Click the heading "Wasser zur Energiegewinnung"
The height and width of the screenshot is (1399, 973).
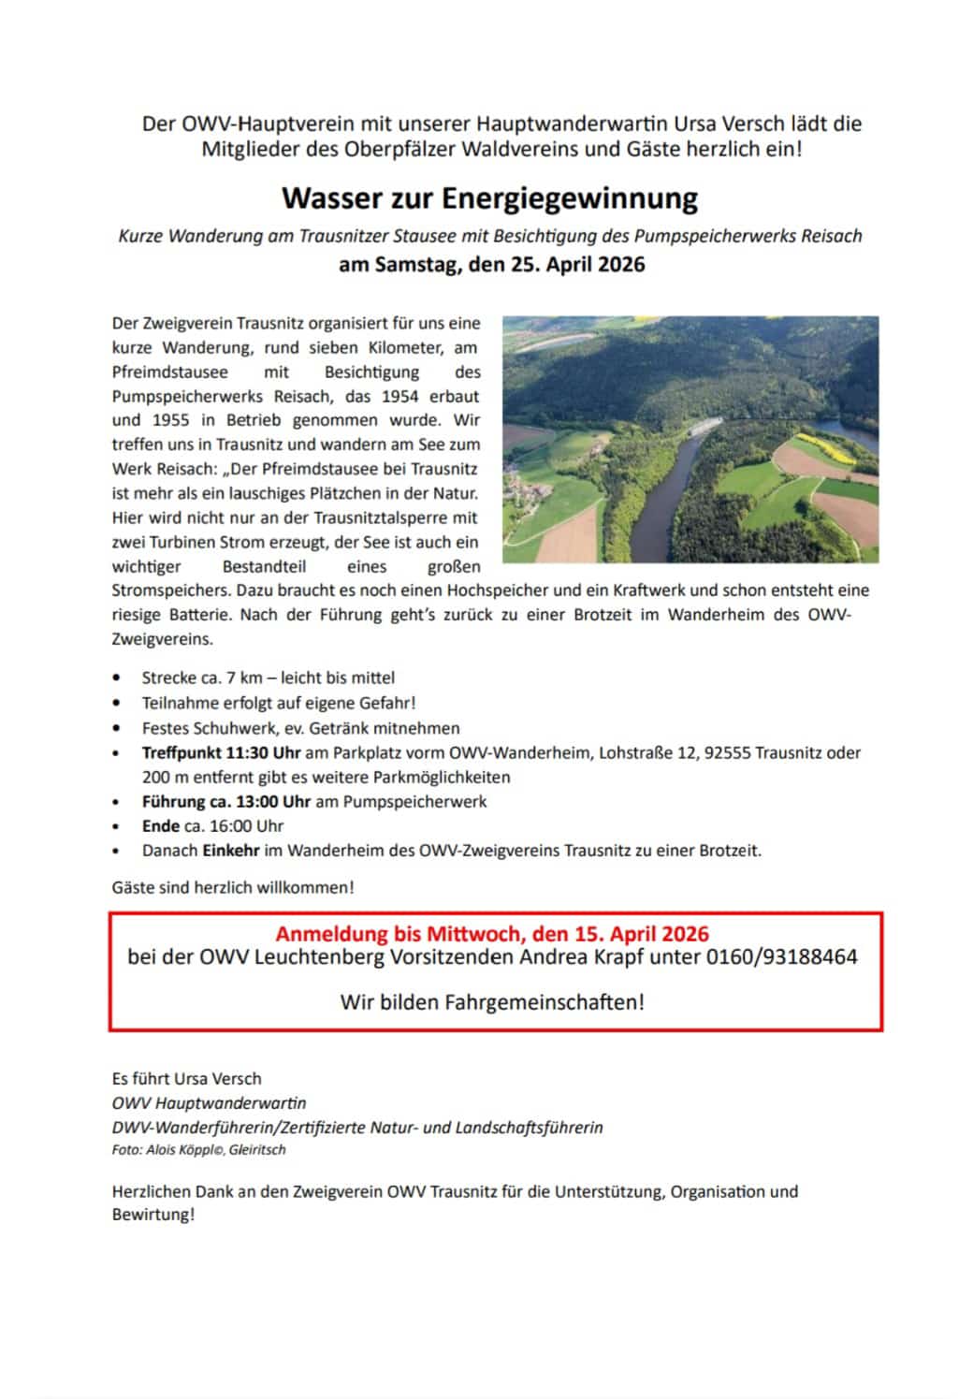489,198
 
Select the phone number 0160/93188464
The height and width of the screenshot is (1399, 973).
781,956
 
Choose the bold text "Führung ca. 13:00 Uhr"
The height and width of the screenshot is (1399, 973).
225,801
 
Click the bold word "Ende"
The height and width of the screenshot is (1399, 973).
160,825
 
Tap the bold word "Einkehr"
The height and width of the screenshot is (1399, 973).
230,851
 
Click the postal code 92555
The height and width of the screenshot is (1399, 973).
728,752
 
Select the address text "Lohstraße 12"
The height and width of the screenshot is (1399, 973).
646,752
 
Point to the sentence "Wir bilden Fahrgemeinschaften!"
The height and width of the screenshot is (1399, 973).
492,1002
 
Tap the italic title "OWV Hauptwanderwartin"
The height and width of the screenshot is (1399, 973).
209,1102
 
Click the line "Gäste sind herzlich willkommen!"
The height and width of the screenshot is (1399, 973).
233,886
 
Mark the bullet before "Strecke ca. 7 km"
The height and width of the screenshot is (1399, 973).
116,678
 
